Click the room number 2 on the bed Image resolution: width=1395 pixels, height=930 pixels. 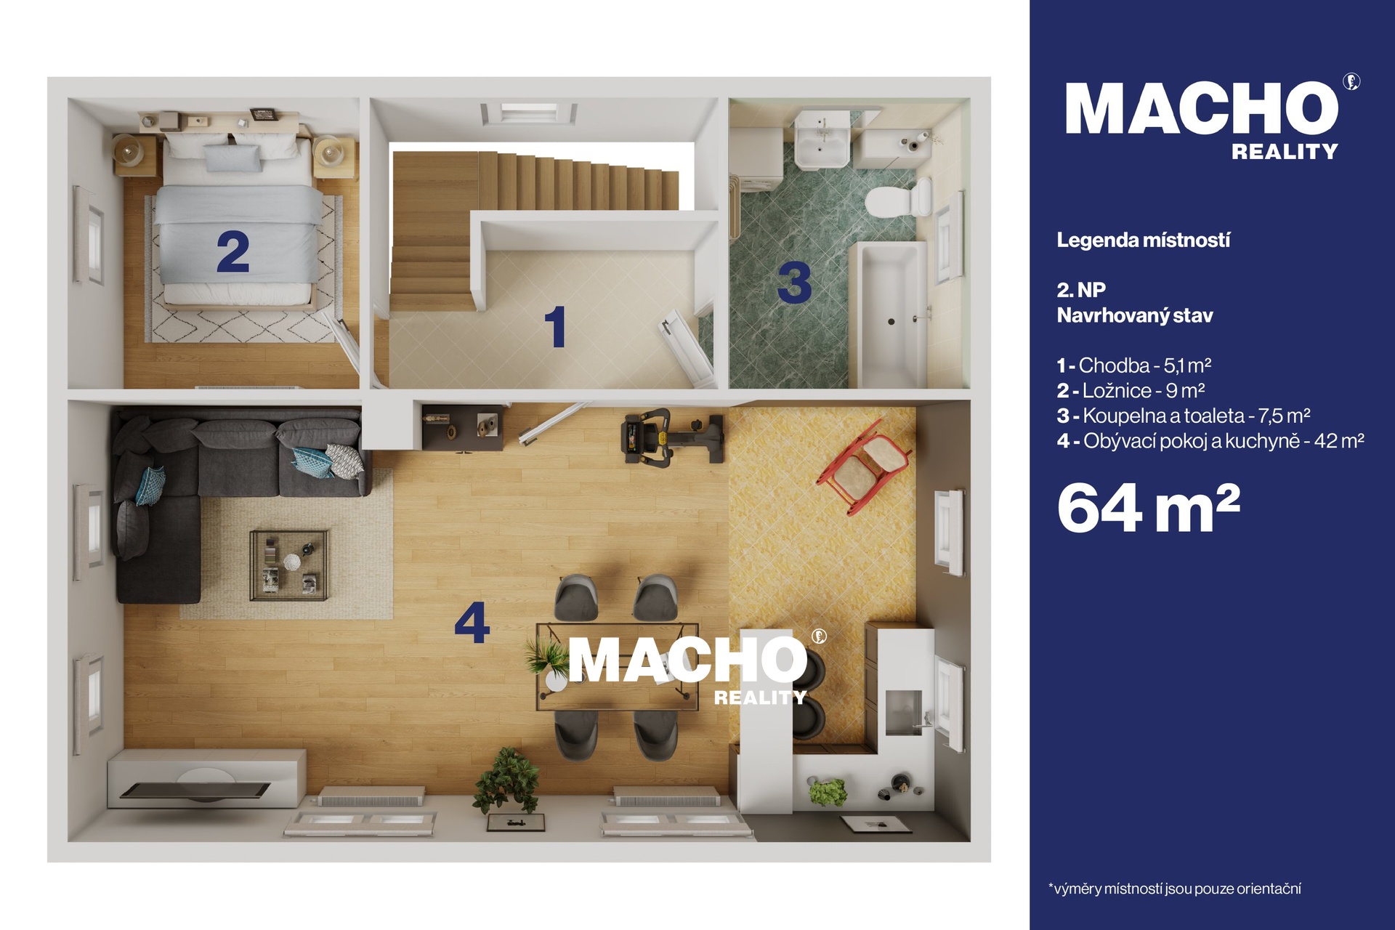coord(233,252)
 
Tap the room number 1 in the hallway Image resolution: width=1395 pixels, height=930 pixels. coord(556,326)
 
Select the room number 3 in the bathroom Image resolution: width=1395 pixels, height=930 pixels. coord(794,283)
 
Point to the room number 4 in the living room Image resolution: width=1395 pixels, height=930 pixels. coord(472,623)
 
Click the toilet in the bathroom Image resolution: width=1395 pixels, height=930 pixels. coord(899,198)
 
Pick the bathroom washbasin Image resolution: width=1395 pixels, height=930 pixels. coord(822,139)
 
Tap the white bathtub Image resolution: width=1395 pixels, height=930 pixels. coord(890,314)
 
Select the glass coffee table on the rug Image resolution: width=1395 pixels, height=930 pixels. coord(289,565)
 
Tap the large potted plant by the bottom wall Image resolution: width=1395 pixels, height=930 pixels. coord(506,781)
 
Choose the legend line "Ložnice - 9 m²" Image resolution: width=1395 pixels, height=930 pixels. coord(1131,391)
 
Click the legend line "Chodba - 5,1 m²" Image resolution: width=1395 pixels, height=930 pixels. coord(1134,365)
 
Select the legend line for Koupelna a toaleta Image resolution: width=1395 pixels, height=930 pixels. coord(1184,416)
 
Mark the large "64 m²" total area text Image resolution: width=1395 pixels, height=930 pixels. coord(1149,508)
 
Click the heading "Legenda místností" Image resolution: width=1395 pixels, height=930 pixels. coord(1143,240)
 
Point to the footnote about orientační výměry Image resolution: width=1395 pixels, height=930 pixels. coord(1174,889)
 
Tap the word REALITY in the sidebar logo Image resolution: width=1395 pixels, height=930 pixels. coord(1285,152)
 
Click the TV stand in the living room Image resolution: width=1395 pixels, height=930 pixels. coord(206,779)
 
